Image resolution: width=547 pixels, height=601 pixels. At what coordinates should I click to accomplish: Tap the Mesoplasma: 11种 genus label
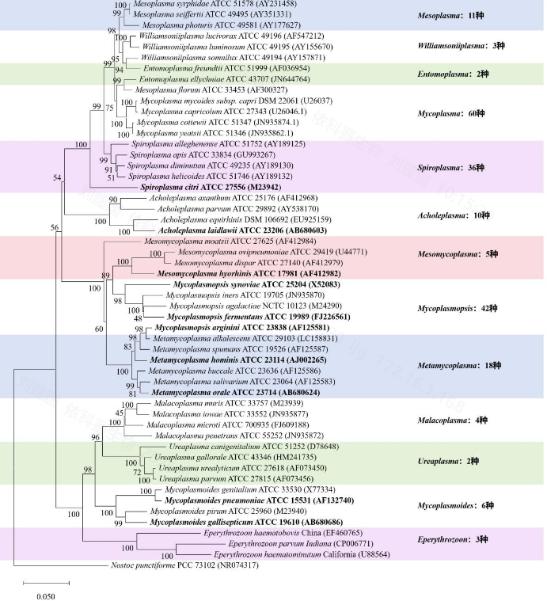(450, 16)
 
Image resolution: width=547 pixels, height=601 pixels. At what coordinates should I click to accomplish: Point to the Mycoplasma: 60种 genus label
(451, 113)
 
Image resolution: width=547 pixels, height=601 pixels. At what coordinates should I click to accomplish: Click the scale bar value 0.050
(46, 596)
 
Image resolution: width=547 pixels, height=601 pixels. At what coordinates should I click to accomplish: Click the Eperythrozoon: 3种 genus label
(452, 539)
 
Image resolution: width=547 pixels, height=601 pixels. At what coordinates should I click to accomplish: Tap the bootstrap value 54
(57, 177)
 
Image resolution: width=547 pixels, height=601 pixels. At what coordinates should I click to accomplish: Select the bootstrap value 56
(55, 227)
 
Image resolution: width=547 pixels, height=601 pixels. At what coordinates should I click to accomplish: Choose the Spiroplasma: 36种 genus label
(451, 168)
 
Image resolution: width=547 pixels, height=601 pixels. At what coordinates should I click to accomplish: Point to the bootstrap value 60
(99, 329)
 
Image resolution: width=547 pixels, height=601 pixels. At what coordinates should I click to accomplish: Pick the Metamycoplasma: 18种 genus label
(459, 365)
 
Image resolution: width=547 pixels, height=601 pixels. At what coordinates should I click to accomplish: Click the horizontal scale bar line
(47, 584)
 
